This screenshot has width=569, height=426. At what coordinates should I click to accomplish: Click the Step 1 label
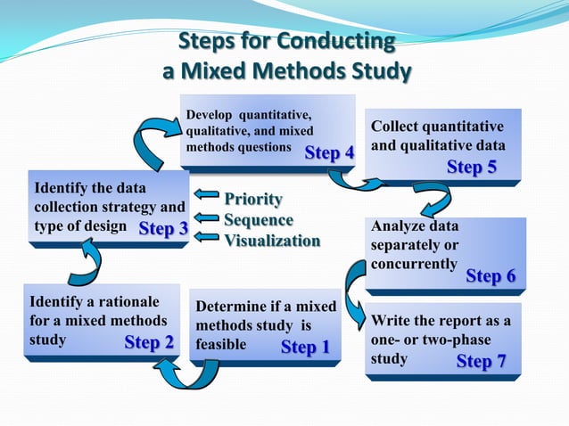pyautogui.click(x=305, y=347)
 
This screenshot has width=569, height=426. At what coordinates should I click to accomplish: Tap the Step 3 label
pyautogui.click(x=163, y=229)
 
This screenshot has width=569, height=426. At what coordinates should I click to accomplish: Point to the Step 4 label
pyautogui.click(x=329, y=152)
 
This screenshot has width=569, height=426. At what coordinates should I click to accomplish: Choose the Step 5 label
pyautogui.click(x=472, y=167)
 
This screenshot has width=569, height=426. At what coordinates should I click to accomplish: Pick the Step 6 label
pyautogui.click(x=491, y=276)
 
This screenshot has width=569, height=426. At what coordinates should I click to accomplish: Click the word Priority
pyautogui.click(x=253, y=198)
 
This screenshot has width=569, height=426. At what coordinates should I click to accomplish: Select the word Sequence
pyautogui.click(x=258, y=219)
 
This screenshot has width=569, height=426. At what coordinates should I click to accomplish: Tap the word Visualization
pyautogui.click(x=271, y=240)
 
